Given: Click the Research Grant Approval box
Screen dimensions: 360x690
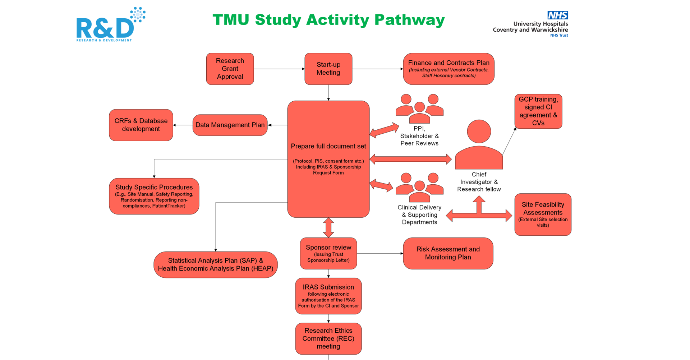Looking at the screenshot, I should point(230,69).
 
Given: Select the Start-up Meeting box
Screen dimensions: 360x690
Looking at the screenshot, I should point(328,69).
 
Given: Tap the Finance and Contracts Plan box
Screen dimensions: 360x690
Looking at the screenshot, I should point(448,69).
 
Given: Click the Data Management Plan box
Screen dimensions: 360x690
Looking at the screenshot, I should point(230,125).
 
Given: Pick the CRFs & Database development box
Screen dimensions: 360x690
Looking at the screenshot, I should point(141,125).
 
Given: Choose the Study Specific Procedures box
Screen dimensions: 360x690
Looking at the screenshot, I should point(154,196).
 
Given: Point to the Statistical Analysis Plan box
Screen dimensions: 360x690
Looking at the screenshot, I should point(216,264).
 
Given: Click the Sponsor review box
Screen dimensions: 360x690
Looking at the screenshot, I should point(328,253).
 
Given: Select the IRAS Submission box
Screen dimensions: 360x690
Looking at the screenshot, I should point(328,296).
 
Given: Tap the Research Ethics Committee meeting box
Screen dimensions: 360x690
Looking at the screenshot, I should point(328,338).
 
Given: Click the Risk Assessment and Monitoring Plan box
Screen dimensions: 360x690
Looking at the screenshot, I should point(448,253).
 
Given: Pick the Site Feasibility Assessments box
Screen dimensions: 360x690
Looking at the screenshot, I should point(543,214).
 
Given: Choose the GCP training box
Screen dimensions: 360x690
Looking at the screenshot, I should point(538,111).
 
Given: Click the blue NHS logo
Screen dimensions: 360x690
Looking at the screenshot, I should point(557,15).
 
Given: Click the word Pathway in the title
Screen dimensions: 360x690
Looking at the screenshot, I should point(409,20).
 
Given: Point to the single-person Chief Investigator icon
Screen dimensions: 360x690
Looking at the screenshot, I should point(479,146).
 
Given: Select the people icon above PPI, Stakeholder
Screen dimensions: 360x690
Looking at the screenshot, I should point(419,108).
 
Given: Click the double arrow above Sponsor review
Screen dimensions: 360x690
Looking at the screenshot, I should point(328,227).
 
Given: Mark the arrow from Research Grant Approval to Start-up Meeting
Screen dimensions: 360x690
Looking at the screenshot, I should point(279,69).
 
